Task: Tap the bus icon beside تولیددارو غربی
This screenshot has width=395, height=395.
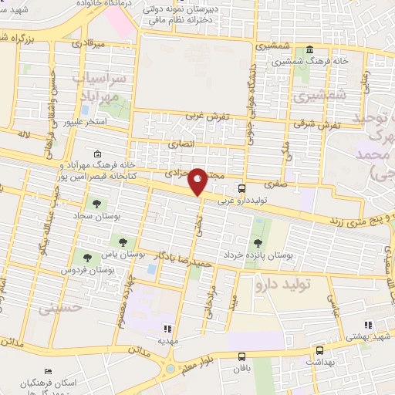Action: [x=242, y=187]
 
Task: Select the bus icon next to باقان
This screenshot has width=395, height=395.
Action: [x=242, y=356]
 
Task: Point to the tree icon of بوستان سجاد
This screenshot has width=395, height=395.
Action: [x=96, y=204]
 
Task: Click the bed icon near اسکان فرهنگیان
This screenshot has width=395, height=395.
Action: [x=49, y=373]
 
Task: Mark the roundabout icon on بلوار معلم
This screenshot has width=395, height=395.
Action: [x=170, y=369]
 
